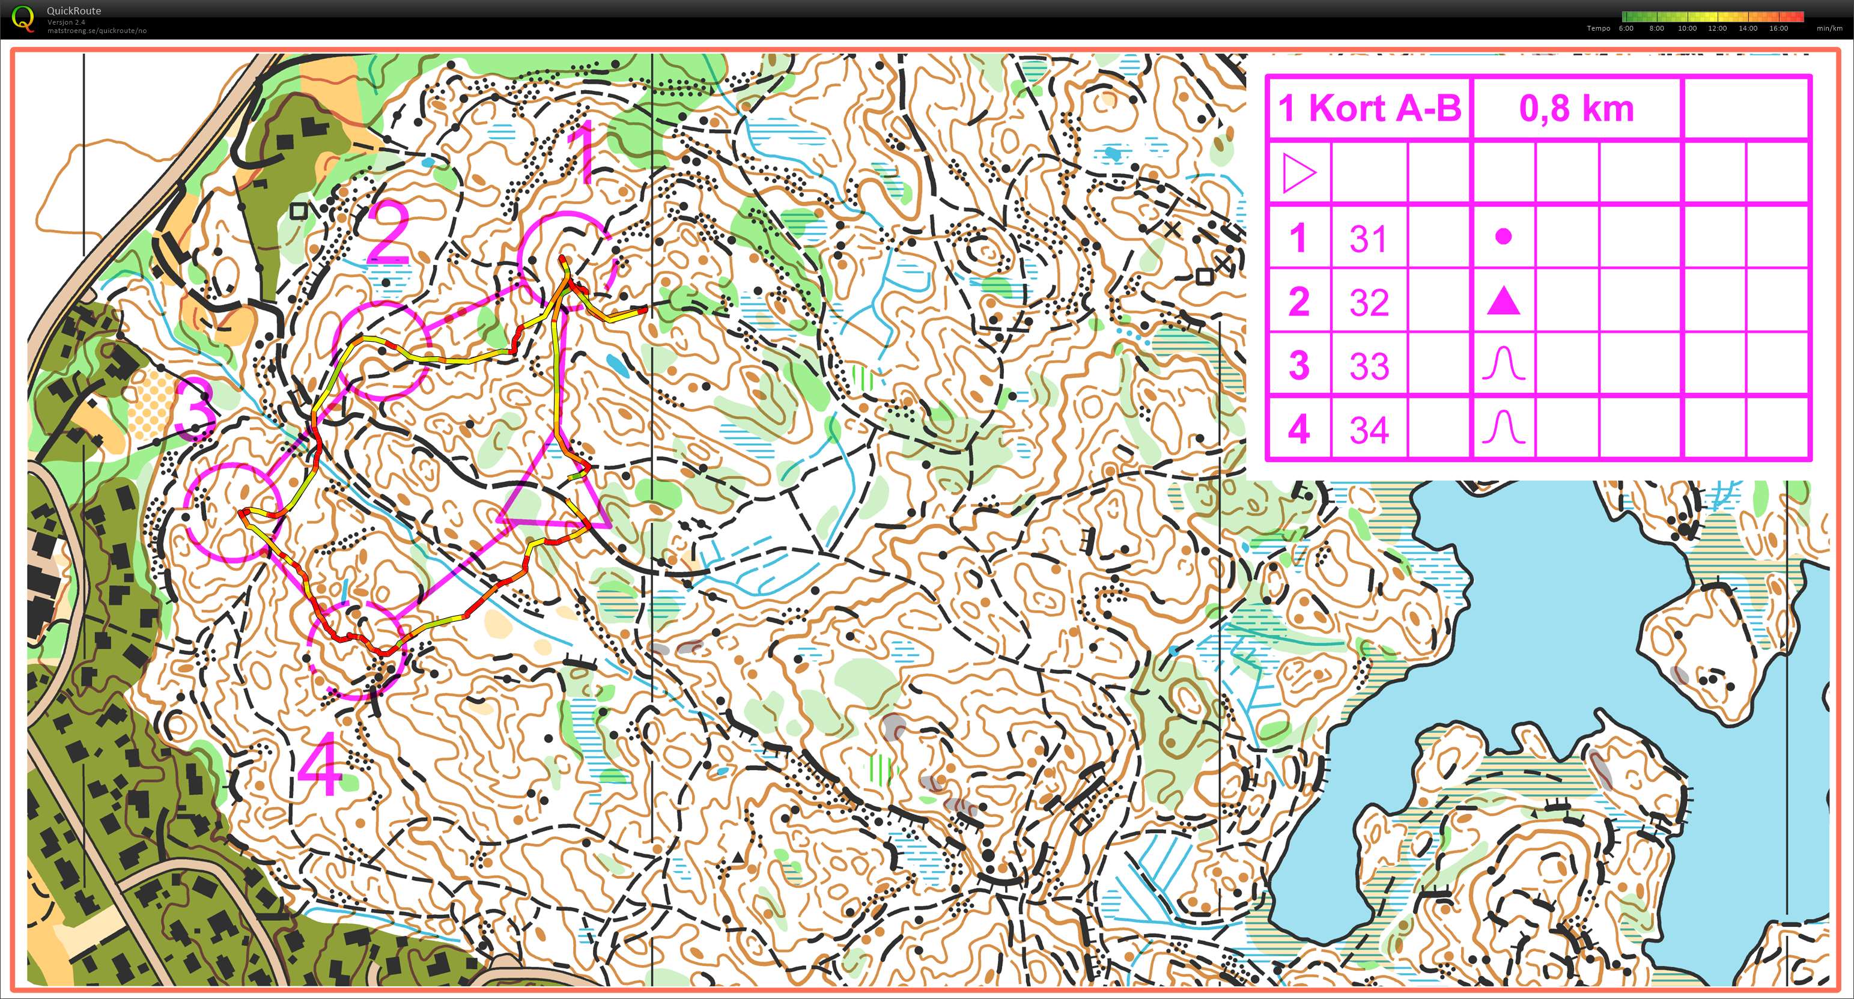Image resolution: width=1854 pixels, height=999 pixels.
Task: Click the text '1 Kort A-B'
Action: tap(1369, 109)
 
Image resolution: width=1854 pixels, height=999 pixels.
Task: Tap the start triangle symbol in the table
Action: tap(1299, 174)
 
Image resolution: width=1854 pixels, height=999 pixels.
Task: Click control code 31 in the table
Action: tap(1368, 238)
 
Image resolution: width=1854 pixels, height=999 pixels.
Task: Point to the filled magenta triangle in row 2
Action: tap(1504, 302)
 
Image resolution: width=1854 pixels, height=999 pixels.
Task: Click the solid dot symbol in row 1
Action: tap(1504, 236)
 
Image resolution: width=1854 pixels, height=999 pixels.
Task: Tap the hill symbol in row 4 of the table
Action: tap(1504, 428)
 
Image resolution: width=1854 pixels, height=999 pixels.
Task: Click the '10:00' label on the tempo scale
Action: tap(1687, 29)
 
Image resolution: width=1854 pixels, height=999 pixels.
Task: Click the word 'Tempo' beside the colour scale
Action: tap(1599, 29)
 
